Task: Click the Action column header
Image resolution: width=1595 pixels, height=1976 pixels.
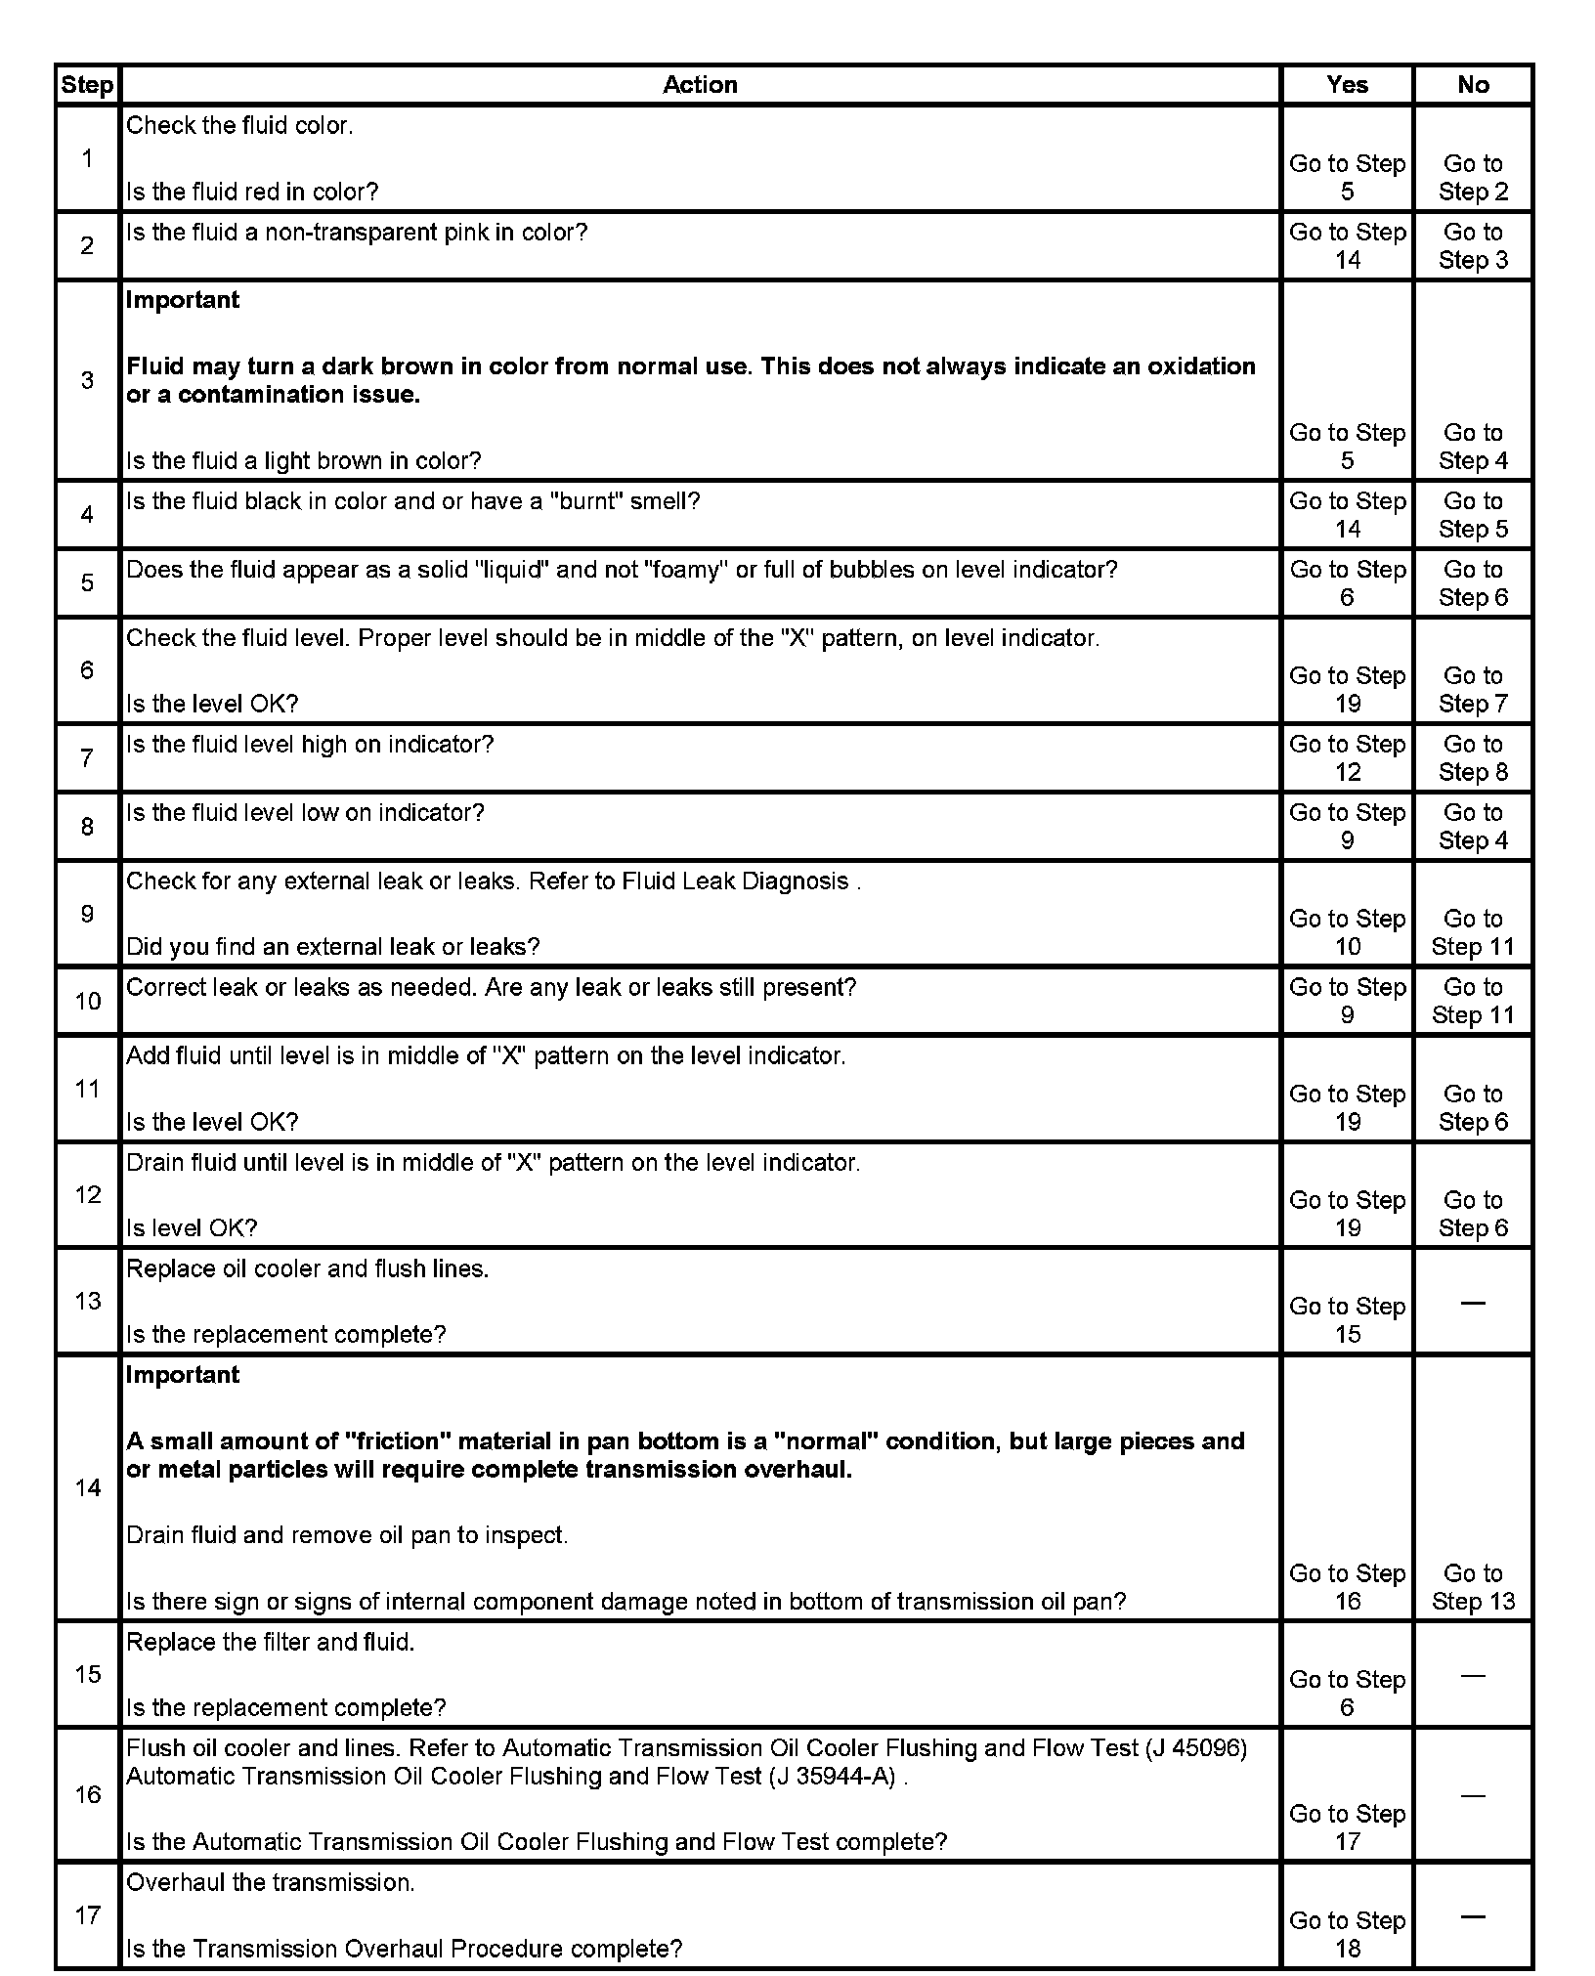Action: (700, 85)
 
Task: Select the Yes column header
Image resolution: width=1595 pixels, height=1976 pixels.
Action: (1347, 85)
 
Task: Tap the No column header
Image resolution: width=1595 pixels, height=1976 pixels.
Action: (1473, 85)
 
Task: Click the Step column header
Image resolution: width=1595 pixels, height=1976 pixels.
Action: (87, 85)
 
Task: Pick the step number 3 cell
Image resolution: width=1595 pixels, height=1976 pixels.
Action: (87, 380)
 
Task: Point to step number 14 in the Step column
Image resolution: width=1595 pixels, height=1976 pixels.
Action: (88, 1487)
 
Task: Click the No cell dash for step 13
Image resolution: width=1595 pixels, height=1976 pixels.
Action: (1473, 1303)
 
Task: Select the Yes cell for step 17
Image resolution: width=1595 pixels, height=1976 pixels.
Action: (1347, 1934)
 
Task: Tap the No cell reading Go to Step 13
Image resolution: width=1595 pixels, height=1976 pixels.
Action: (1473, 1587)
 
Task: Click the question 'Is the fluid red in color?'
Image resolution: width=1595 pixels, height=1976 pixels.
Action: (252, 193)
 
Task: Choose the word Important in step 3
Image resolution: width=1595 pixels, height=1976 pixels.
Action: (183, 300)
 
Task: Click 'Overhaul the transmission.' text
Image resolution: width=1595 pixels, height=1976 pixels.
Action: (271, 1882)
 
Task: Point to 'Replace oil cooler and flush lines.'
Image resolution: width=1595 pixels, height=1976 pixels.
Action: (308, 1268)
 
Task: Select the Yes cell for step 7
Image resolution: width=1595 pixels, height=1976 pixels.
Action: (1347, 758)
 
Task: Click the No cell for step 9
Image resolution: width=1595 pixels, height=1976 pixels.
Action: (1473, 932)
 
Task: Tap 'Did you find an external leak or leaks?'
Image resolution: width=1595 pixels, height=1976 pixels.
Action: (333, 947)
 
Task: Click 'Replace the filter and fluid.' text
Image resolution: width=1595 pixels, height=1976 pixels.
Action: (271, 1642)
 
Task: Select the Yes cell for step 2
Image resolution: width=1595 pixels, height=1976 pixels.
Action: (1347, 246)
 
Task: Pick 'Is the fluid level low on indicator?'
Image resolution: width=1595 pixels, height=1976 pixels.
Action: (306, 813)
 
